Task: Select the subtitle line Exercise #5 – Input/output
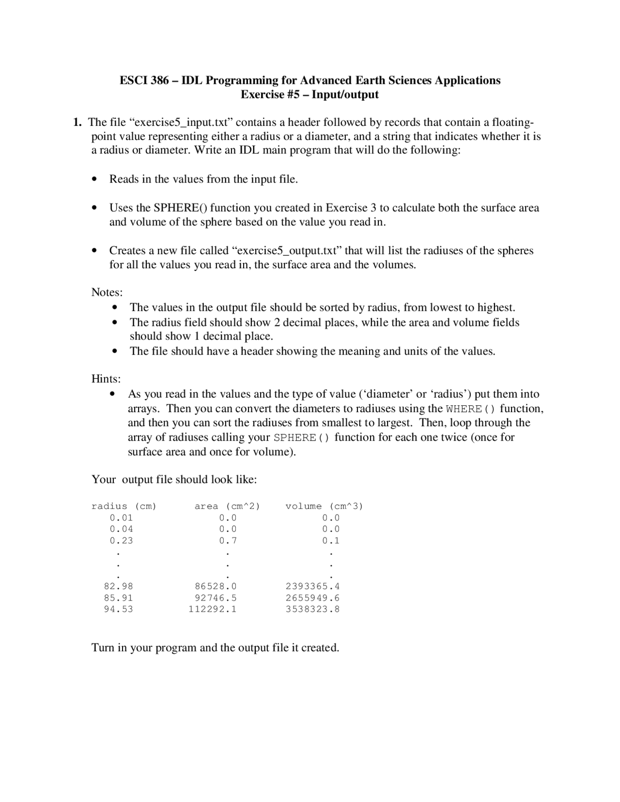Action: coord(310,94)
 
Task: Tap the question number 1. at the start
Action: coord(77,122)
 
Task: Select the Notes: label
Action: coord(107,292)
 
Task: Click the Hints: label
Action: coord(106,378)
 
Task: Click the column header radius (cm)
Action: coord(124,506)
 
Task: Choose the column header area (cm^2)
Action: coord(227,506)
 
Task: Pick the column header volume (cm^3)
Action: coord(324,506)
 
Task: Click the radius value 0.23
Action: coord(121,540)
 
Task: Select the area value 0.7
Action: coord(228,540)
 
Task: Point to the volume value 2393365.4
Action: coord(312,586)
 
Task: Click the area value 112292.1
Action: coord(213,609)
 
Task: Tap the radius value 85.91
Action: coord(118,598)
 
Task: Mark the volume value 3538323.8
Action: coord(312,609)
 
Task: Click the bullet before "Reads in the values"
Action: coord(95,180)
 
